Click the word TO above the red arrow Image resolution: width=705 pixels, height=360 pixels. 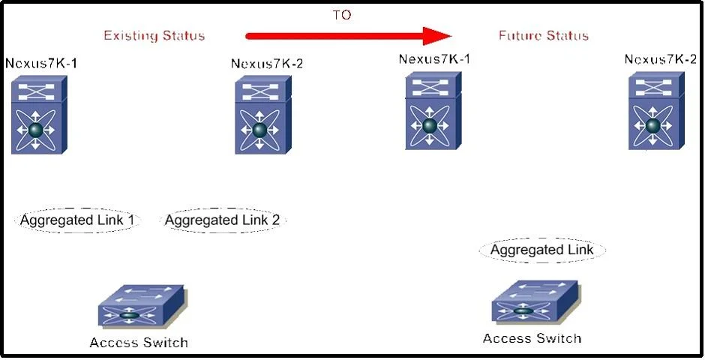pos(342,15)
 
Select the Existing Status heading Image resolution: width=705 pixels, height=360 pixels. pos(154,35)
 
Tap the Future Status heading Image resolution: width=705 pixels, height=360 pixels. pos(544,35)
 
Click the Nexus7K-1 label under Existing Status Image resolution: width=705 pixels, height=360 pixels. pos(41,63)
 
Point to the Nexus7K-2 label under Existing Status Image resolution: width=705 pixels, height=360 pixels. pos(266,64)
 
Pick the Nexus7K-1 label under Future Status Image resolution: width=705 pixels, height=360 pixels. pos(434,59)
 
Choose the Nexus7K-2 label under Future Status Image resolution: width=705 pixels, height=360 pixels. pos(661,59)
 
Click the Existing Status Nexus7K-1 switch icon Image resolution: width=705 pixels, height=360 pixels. pos(39,115)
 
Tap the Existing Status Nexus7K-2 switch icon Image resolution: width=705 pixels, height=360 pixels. pos(263,115)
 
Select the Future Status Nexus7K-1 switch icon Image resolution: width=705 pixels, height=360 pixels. pos(433,110)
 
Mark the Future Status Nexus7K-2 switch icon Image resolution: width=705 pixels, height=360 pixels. pos(656,110)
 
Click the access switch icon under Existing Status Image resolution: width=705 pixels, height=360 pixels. pos(142,305)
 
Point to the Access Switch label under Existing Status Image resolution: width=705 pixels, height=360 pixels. pos(139,343)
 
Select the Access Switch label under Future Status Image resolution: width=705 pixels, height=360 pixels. pos(532,338)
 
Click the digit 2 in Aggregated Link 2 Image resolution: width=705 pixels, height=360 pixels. pos(275,220)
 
